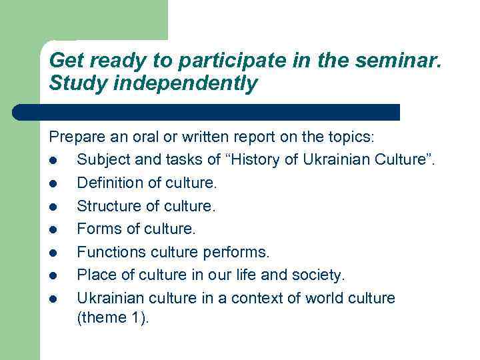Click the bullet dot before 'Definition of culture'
tap(53, 183)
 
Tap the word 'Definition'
tap(108, 183)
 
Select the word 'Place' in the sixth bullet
tap(95, 275)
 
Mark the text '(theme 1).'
tap(113, 318)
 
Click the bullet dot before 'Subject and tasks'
tap(53, 160)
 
